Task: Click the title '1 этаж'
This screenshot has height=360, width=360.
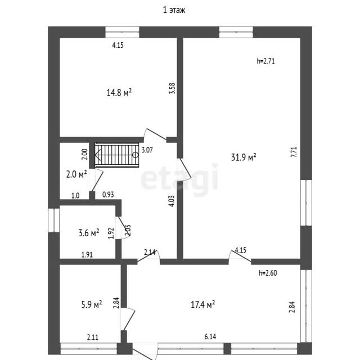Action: (174, 10)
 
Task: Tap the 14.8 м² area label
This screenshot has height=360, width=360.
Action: (119, 92)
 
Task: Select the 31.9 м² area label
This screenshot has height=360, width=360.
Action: (244, 157)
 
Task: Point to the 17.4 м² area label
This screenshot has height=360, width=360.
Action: (203, 304)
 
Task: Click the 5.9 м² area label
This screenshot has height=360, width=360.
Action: (92, 304)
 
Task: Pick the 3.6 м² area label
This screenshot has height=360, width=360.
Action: (89, 233)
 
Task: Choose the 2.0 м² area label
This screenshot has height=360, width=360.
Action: (76, 174)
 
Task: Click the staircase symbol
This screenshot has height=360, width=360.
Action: (117, 155)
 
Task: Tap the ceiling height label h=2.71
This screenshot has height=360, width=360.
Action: (265, 61)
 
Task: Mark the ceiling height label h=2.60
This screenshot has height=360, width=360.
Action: (268, 273)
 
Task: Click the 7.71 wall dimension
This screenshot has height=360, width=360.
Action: (294, 152)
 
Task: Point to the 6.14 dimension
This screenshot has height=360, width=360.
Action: (210, 336)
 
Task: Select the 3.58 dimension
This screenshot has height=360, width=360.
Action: (172, 88)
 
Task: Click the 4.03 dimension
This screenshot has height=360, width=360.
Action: (172, 201)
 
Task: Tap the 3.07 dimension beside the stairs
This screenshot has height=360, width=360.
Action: (147, 150)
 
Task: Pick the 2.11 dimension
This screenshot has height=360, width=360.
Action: (93, 337)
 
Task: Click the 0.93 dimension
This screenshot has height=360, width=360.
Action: (108, 195)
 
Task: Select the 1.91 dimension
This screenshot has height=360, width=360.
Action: (87, 255)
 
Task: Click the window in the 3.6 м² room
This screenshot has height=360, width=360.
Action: (54, 220)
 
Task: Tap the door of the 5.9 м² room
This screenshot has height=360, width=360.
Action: (128, 319)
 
